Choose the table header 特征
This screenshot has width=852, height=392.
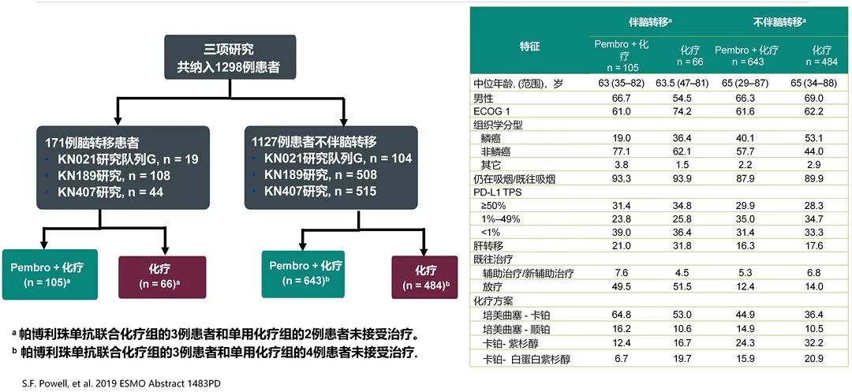530,47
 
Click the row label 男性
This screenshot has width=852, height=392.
483,98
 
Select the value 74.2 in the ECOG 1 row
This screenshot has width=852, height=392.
685,111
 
